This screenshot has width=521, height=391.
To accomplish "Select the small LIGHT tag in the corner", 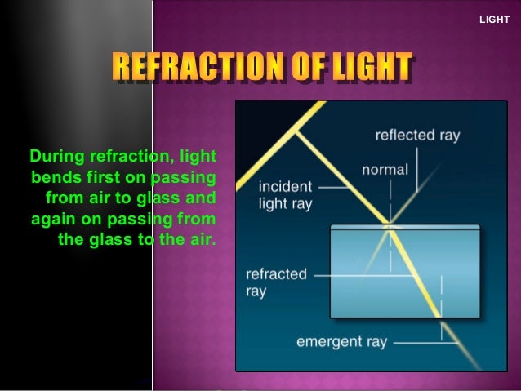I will click(x=493, y=18).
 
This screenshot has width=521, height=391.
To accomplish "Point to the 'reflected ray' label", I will click(x=417, y=136).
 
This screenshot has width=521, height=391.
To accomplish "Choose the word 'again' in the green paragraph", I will click(x=54, y=219).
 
